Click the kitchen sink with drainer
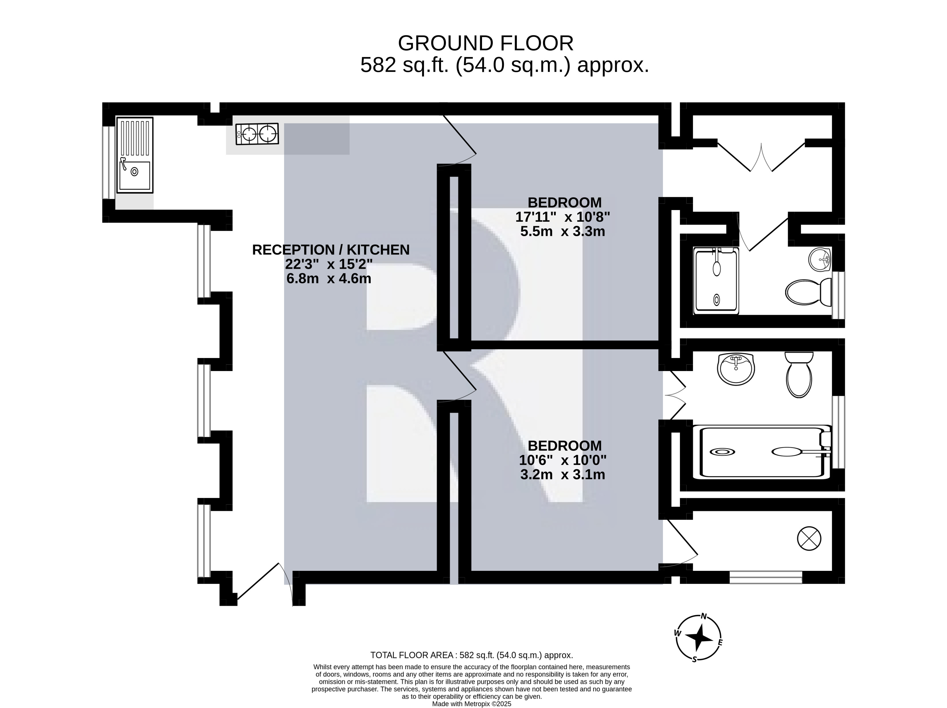coord(135,155)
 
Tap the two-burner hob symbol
coord(257,134)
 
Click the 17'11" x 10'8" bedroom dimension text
coord(562,217)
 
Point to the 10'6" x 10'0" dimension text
coord(562,460)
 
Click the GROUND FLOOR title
coord(486,43)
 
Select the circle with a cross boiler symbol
coord(809,538)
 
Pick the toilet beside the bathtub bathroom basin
coord(799,375)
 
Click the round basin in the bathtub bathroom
coord(736,369)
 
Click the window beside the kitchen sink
coord(109,163)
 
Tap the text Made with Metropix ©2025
coord(472,704)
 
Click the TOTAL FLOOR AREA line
coord(471,655)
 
